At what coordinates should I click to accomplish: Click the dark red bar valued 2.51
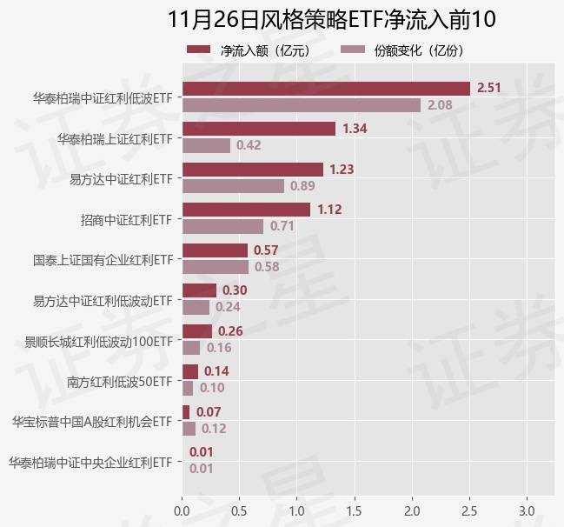[326, 88]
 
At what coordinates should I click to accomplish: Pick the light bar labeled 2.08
[302, 105]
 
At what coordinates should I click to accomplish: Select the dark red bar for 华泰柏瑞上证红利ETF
[259, 129]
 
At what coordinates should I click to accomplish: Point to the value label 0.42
[249, 145]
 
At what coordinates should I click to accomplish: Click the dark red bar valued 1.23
[253, 169]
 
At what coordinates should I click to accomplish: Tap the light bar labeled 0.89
[233, 186]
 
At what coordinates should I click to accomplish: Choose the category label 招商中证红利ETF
[126, 220]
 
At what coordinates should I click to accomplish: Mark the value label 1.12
[330, 210]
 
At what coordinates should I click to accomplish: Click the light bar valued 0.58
[216, 267]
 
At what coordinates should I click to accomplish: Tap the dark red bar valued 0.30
[199, 290]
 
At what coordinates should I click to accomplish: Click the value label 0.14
[216, 371]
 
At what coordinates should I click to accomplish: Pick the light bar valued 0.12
[189, 429]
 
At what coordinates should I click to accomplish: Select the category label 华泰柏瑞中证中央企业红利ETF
[90, 463]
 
